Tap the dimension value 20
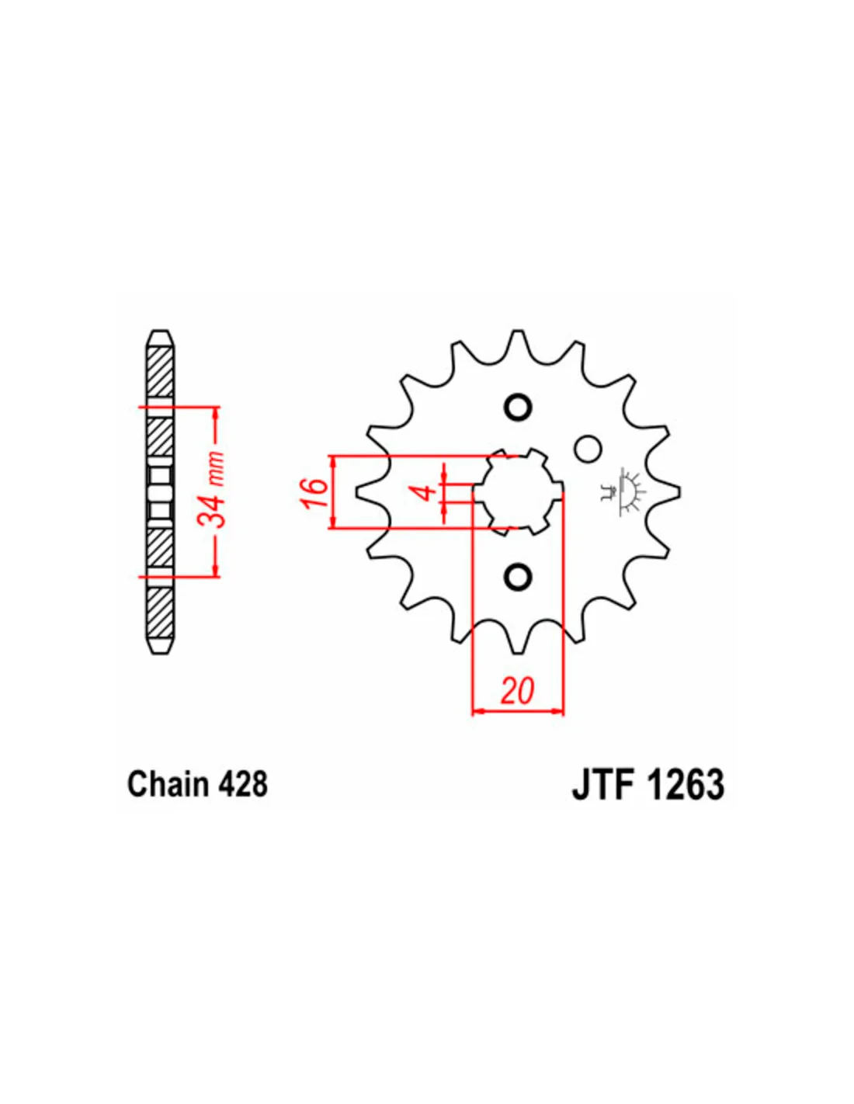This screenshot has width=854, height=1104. (517, 690)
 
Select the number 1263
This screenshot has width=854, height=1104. (686, 783)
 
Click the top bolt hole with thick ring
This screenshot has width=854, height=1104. (518, 407)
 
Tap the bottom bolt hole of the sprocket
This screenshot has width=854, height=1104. (518, 576)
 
